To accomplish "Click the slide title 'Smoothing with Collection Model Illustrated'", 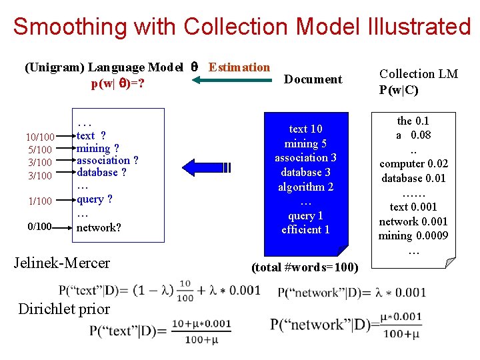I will click(x=241, y=27).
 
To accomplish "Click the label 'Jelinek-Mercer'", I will click(x=62, y=263).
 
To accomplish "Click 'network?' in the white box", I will click(x=99, y=227).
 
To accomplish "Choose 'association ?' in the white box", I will click(x=107, y=161).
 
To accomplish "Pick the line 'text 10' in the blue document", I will click(x=305, y=129).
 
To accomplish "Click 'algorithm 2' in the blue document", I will click(x=305, y=187).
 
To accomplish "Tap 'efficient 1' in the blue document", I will click(x=305, y=230).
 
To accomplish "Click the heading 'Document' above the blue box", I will click(x=313, y=79).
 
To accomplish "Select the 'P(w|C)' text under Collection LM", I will click(x=399, y=91).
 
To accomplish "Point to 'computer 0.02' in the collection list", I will click(x=413, y=164).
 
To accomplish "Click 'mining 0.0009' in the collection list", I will click(x=413, y=236).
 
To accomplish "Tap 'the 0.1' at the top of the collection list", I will click(x=413, y=121).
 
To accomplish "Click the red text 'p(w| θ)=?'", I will click(x=119, y=85).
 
